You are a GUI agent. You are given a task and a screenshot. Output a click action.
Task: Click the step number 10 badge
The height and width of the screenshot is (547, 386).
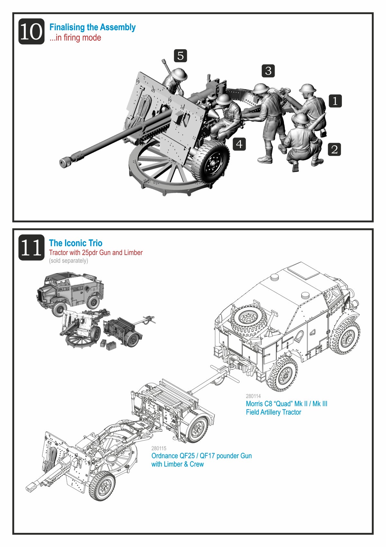(31, 31)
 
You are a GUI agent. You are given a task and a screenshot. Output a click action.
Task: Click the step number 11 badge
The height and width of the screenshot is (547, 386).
(31, 247)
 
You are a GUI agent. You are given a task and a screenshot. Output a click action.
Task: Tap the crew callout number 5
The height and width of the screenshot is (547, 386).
(180, 56)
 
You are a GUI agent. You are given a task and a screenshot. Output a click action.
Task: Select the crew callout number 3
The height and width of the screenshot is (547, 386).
(268, 71)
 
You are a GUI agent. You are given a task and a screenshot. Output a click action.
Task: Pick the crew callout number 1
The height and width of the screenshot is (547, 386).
(335, 101)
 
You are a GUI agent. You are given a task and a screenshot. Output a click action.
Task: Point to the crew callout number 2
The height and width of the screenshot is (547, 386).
(335, 149)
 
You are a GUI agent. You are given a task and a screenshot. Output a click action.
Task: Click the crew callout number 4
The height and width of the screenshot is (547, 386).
(239, 144)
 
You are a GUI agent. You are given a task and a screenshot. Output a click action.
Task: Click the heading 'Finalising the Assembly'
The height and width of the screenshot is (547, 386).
(92, 27)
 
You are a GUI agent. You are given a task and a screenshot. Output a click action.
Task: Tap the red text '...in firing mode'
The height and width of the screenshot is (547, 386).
(75, 38)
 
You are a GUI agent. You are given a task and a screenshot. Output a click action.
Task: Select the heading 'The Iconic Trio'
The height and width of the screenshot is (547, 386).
(76, 243)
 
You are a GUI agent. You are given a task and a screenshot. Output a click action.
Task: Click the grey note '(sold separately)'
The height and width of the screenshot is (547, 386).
(69, 261)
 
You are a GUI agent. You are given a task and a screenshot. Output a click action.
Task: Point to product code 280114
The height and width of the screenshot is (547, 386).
(253, 396)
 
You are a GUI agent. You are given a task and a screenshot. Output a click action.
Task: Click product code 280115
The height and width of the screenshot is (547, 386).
(159, 448)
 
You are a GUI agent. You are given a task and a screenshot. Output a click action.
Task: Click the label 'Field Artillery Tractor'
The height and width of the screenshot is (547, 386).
(273, 412)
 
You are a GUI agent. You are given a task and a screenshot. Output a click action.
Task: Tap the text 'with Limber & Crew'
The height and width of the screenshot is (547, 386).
(178, 464)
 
